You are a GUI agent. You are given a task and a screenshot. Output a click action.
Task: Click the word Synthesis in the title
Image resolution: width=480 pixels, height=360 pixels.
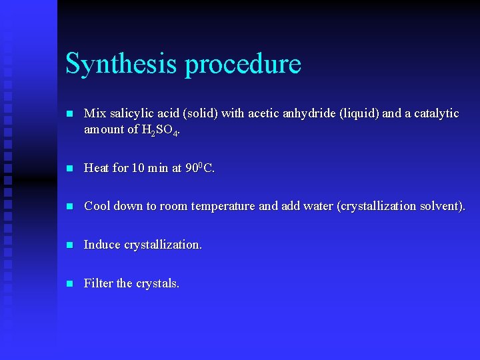point(121,65)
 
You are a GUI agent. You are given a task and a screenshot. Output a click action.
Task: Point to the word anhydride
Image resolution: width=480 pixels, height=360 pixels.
point(309,113)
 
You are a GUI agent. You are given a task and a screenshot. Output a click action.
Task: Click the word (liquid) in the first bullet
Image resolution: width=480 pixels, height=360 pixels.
point(359,113)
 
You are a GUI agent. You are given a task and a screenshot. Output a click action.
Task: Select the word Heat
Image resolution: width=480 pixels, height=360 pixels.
point(97,168)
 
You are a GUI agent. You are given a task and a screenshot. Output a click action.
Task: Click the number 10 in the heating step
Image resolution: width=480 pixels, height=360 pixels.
point(138,168)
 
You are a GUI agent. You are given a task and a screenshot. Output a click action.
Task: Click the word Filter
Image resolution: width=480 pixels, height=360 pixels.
point(98,283)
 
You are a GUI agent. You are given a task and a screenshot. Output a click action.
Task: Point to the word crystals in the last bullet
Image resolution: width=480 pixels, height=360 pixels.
point(157,283)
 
